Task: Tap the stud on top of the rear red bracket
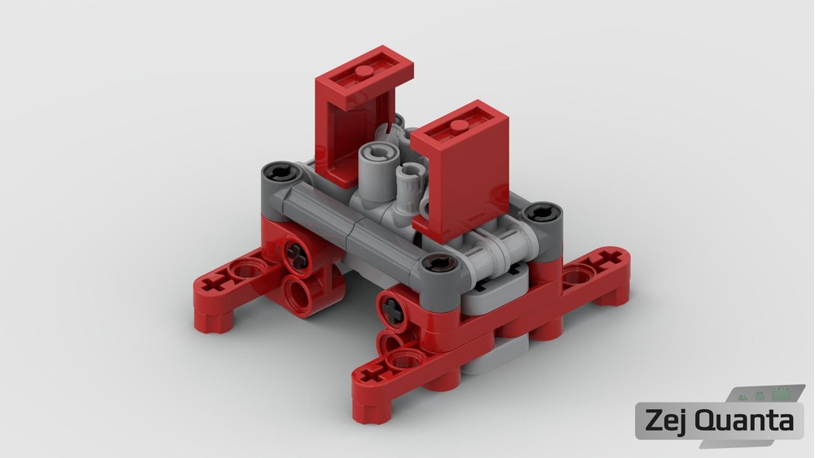(x=365, y=72)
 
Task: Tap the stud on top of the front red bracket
(x=460, y=126)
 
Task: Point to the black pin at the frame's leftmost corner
(x=280, y=172)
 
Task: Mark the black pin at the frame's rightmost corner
(x=542, y=212)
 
